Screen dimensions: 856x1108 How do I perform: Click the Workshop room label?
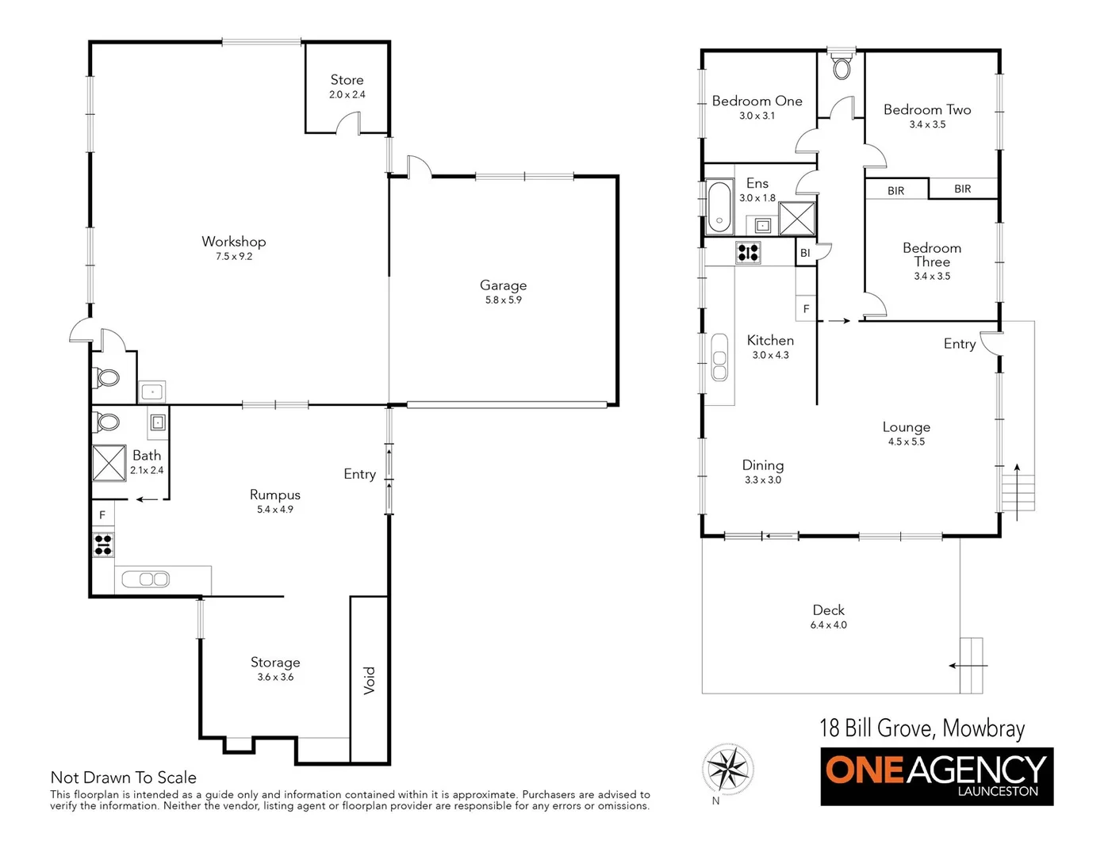tap(233, 242)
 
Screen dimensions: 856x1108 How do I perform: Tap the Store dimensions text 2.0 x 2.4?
tap(347, 94)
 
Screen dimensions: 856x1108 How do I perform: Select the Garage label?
tap(503, 285)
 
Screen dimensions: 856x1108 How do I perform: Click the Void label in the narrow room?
tap(370, 680)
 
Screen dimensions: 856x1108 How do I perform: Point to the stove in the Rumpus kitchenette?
tap(103, 545)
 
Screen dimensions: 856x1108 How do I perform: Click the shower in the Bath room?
tap(109, 463)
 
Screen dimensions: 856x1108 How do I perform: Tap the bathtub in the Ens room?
tap(720, 208)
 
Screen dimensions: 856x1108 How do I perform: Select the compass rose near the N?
tap(728, 769)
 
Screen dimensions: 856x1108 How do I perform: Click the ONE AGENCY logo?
tap(937, 776)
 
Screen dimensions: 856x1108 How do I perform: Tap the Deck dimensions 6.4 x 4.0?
tap(828, 625)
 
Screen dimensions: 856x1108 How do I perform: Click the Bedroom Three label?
tap(932, 254)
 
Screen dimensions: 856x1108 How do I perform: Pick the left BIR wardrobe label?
tap(896, 191)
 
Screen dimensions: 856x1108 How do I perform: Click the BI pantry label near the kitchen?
tap(805, 254)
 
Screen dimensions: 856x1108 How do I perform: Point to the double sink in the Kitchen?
tap(719, 357)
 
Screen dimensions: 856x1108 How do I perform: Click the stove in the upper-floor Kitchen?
tap(748, 253)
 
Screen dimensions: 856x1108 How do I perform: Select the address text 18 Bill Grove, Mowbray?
tap(922, 728)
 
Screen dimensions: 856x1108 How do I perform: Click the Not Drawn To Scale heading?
tap(123, 778)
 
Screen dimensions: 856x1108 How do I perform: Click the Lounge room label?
tap(906, 427)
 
